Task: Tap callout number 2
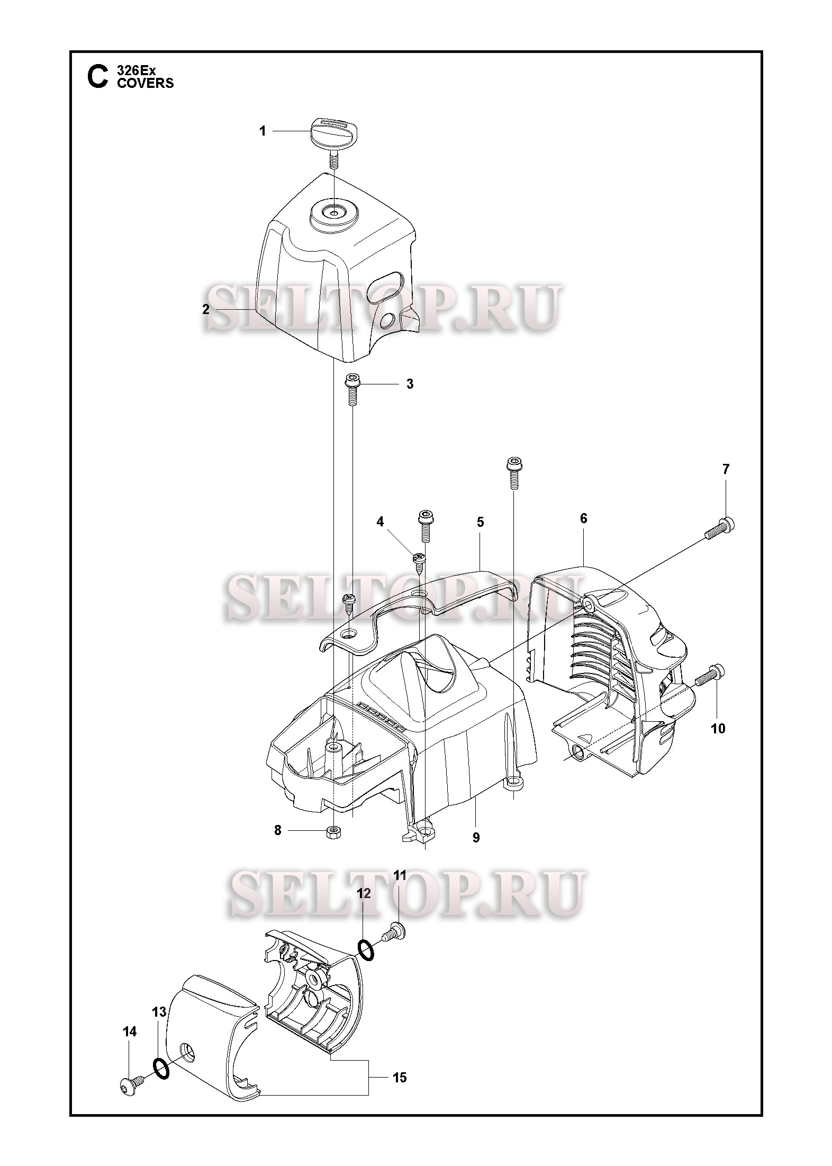(x=206, y=309)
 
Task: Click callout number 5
(x=480, y=522)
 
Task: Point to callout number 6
(x=583, y=518)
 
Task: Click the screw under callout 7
(x=720, y=527)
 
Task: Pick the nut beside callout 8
(x=334, y=831)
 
